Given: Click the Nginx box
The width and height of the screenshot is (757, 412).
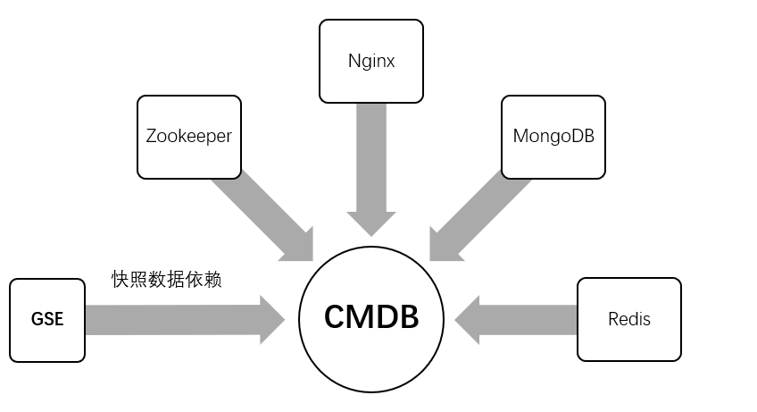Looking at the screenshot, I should (370, 62).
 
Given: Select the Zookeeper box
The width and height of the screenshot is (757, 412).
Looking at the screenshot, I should (189, 137).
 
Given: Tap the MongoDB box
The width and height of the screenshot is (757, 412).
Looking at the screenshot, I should (553, 137).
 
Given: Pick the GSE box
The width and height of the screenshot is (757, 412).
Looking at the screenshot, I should (47, 320).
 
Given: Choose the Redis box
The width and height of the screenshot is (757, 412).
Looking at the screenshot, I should (629, 319).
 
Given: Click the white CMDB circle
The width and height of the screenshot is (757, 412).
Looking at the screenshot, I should (371, 317).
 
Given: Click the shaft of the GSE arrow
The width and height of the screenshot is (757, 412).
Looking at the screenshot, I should (170, 320).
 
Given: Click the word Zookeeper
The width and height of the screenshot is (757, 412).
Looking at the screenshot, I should (189, 137).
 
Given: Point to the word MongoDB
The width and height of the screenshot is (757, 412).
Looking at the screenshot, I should (553, 137).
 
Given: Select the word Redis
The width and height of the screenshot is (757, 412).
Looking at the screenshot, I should (629, 319).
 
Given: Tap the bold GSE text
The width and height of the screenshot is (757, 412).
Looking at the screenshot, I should (47, 320).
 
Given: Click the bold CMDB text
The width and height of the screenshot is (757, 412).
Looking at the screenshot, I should (371, 318).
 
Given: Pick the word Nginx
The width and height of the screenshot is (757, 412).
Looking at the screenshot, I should (370, 62).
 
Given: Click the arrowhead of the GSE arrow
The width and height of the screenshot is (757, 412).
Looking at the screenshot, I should (270, 320).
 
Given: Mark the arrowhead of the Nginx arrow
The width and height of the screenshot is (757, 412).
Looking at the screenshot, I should (370, 223).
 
